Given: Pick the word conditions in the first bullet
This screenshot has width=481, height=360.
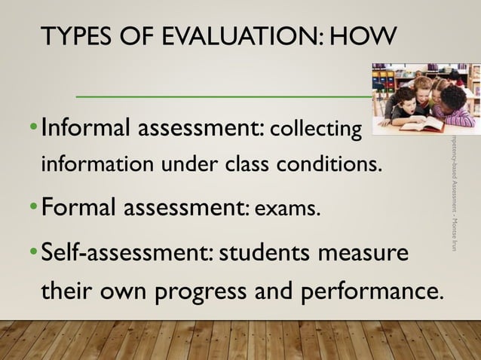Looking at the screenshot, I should pyautogui.click(x=329, y=163).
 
